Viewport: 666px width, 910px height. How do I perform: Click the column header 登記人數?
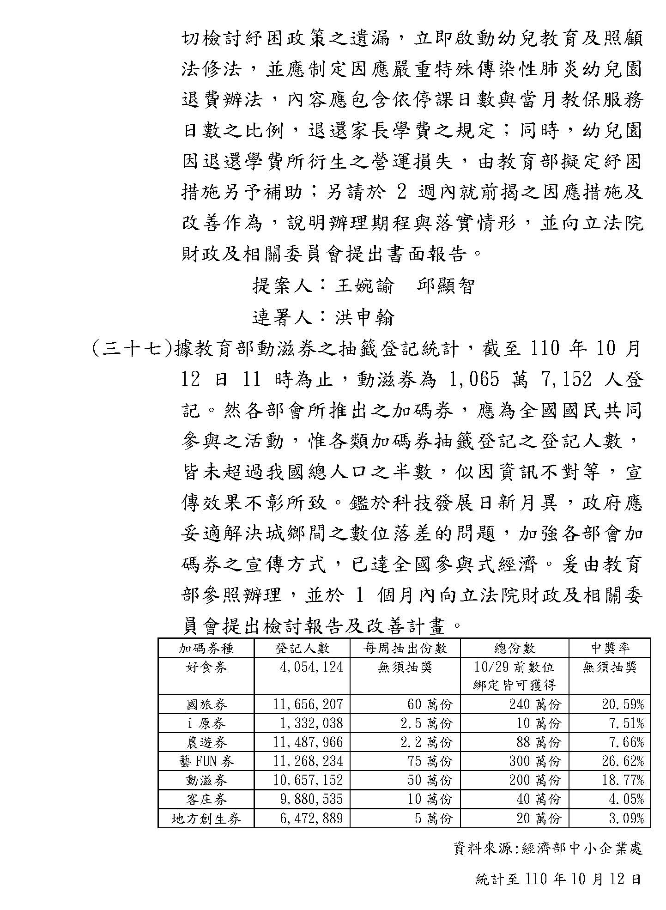click(x=302, y=648)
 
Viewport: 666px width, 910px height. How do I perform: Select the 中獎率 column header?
click(x=610, y=648)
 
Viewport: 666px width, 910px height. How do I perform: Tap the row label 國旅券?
click(x=206, y=704)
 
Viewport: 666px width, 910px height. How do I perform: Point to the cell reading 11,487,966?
click(x=308, y=742)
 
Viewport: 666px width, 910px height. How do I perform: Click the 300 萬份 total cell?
click(x=535, y=761)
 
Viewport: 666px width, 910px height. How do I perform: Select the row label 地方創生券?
click(x=206, y=819)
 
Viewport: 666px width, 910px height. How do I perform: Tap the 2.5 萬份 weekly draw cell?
click(x=426, y=723)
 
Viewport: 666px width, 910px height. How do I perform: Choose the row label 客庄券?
click(x=206, y=799)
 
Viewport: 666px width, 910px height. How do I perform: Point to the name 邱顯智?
click(x=446, y=286)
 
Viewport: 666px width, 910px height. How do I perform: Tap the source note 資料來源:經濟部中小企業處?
click(x=548, y=849)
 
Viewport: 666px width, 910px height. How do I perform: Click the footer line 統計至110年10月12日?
click(x=558, y=879)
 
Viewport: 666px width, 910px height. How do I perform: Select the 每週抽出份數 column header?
click(x=405, y=648)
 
